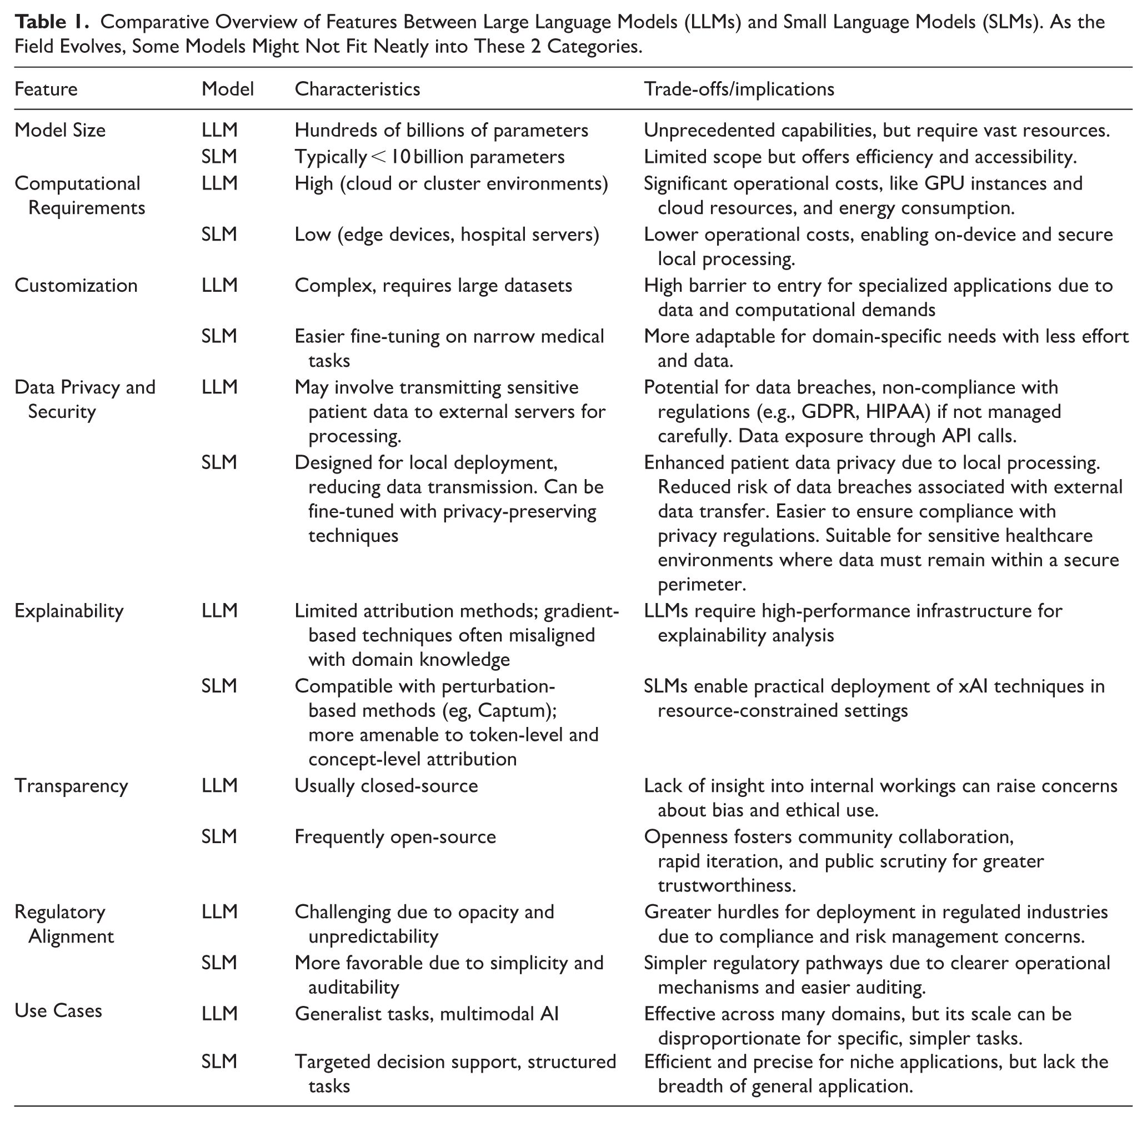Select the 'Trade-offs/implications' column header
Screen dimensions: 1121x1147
(x=739, y=89)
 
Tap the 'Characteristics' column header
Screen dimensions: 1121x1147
(x=357, y=89)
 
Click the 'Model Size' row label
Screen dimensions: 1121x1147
(x=60, y=130)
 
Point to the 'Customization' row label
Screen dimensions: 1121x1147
(x=76, y=286)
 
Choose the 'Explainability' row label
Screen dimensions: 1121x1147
(x=69, y=611)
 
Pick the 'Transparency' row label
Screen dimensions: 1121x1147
(x=71, y=786)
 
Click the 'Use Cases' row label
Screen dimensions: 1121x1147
(x=58, y=1011)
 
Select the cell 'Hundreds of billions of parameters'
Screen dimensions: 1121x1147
(x=441, y=130)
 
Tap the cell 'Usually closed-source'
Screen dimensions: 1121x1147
(x=386, y=786)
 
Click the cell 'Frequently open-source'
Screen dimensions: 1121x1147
(x=395, y=836)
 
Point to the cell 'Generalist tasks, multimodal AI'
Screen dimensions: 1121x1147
(x=427, y=1014)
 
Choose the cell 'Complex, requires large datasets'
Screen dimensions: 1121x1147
(x=433, y=286)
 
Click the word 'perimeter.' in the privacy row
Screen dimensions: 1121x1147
(x=702, y=584)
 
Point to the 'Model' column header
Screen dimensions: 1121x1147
(x=227, y=89)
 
